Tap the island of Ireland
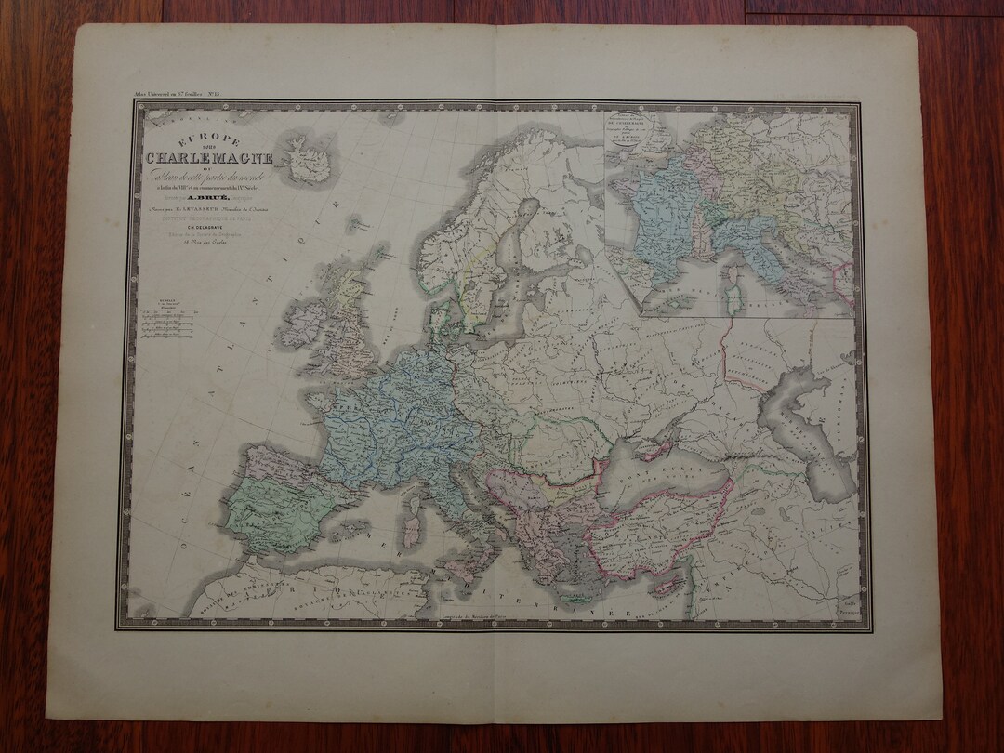point(308,325)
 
